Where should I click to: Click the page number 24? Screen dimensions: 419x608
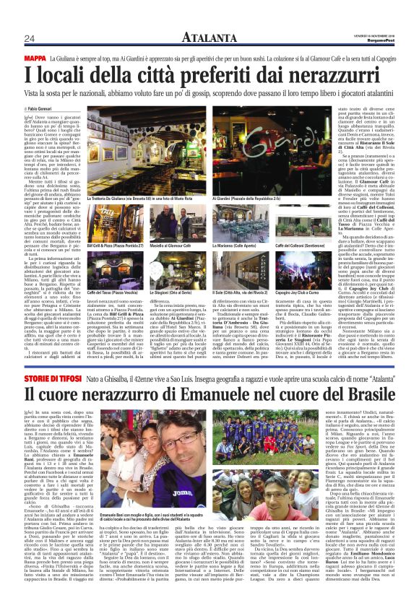pyautogui.click(x=30, y=38)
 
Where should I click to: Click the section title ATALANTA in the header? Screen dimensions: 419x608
pyautogui.click(x=209, y=38)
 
